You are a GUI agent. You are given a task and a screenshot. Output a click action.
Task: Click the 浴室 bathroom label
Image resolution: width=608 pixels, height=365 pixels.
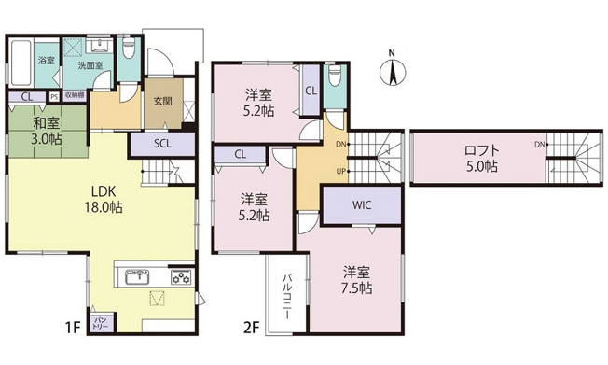(x=46, y=62)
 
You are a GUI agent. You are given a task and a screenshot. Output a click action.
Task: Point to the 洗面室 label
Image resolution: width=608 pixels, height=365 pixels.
(x=90, y=66)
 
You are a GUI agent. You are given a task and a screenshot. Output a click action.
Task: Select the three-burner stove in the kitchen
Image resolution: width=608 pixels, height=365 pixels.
(x=179, y=276)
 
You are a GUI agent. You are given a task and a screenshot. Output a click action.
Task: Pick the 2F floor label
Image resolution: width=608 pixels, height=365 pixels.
(x=250, y=326)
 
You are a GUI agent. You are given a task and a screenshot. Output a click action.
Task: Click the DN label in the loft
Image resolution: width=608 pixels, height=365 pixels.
(x=540, y=145)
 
